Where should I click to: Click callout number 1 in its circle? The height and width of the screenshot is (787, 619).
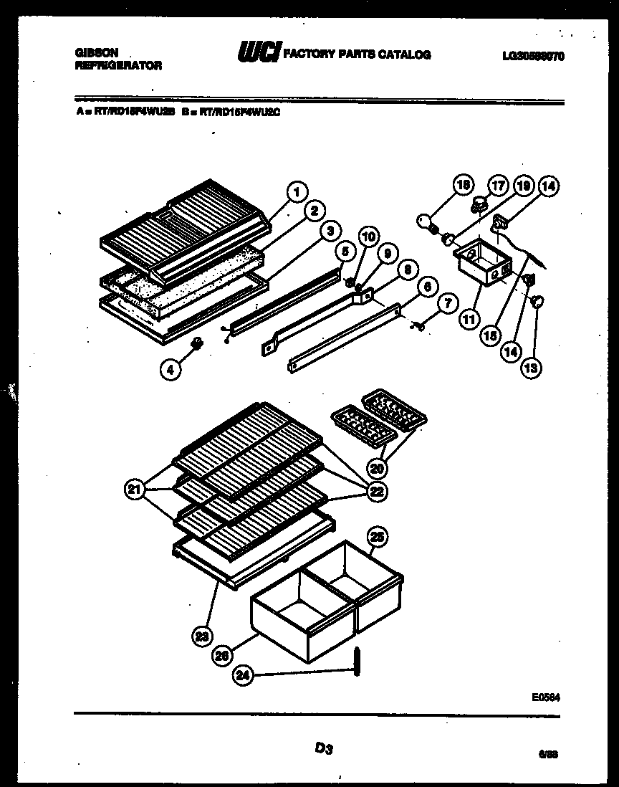296,191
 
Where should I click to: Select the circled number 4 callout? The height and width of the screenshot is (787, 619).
171,371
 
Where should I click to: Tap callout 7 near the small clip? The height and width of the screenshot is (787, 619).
445,304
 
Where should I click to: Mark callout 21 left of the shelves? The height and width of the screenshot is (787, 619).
133,491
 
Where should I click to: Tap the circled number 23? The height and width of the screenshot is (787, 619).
203,634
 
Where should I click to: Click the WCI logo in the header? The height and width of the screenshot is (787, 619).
258,54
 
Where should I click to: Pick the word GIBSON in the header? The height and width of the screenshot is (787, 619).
97,53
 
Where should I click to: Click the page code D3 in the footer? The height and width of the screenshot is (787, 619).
323,749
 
